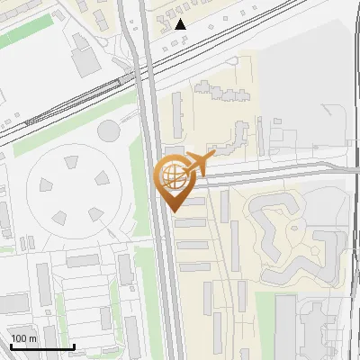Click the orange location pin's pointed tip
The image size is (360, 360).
click(175, 211)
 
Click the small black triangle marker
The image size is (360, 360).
click(182, 24)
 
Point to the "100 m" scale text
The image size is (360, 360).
click(24, 338)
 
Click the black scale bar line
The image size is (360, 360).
click(41, 346)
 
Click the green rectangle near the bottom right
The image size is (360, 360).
click(264, 324)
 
